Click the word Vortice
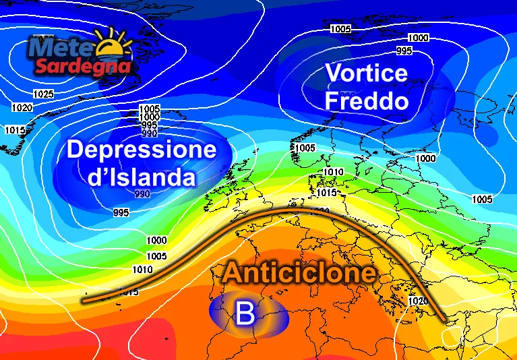tap(367, 73)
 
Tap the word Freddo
tap(367, 102)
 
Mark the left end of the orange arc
tap(83, 299)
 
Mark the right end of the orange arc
tap(444, 320)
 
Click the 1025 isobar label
tap(43, 94)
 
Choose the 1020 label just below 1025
tap(22, 107)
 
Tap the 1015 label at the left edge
tap(14, 129)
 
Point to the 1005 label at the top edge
tap(340, 29)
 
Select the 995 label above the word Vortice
tap(404, 51)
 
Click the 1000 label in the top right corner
tap(419, 37)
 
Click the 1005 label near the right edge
tap(482, 199)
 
